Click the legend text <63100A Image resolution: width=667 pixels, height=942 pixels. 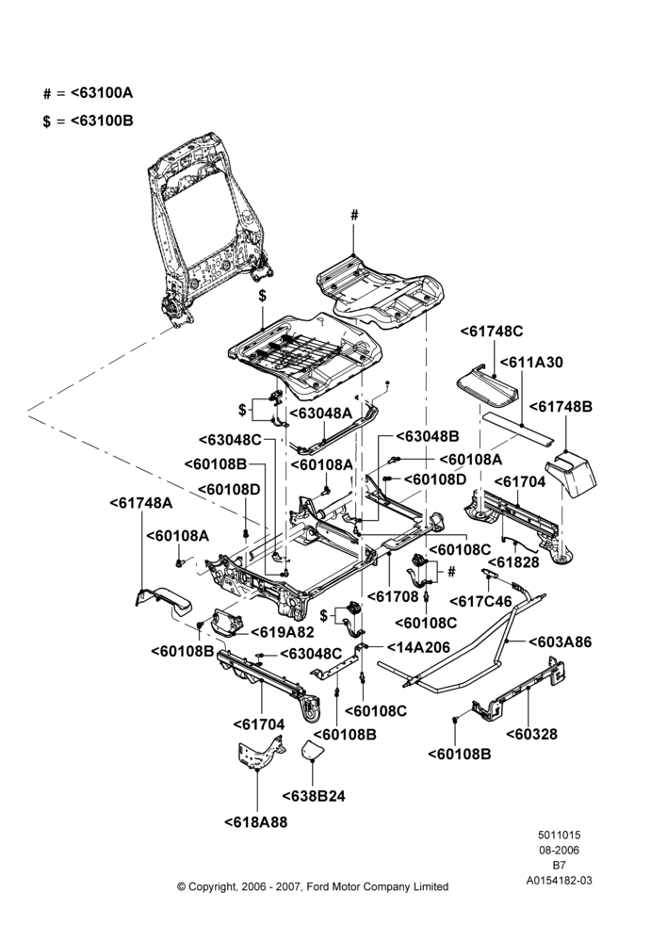coord(102,93)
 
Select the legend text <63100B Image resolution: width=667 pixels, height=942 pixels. coord(102,121)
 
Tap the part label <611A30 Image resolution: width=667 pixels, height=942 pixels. coord(531,363)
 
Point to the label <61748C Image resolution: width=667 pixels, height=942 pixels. coord(492,331)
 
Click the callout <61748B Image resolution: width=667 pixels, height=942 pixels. coord(561,407)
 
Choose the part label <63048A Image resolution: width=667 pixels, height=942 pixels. coord(321,414)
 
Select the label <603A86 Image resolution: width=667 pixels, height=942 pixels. coord(560,642)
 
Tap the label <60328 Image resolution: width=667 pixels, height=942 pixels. coord(531,734)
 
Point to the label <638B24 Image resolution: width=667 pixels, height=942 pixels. coord(314,796)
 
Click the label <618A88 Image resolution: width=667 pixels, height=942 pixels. coord(256,822)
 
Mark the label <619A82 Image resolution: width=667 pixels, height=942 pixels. coord(274,632)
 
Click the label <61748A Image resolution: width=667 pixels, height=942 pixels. coord(141,503)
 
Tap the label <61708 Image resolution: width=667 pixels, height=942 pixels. coord(393,596)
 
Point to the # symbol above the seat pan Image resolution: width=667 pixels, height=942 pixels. coord(354,215)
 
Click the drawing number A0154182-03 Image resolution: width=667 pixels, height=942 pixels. coord(559,881)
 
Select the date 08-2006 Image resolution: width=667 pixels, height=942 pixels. coord(559,850)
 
